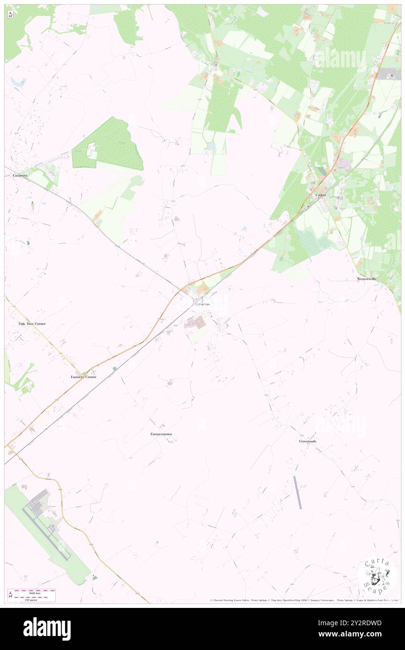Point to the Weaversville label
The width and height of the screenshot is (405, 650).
pyautogui.click(x=367, y=279)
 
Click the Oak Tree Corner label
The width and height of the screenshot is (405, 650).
pyautogui.click(x=32, y=324)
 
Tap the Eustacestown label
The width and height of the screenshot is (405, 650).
pyautogui.click(x=161, y=434)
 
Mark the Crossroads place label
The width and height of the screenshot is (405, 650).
pyautogui.click(x=308, y=441)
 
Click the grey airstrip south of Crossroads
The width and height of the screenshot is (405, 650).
pyautogui.click(x=297, y=492)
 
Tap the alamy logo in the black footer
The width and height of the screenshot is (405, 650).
pyautogui.click(x=47, y=628)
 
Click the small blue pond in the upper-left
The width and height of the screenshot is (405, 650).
pyautogui.click(x=19, y=82)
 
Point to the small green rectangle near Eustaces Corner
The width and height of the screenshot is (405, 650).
pyautogui.click(x=115, y=369)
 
